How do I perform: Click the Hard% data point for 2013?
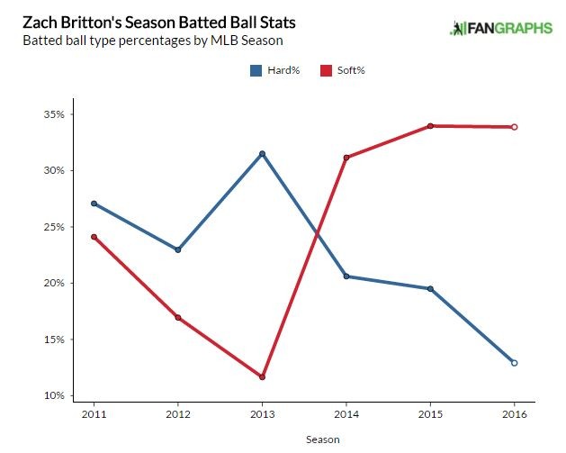pos(262,153)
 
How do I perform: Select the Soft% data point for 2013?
pos(262,376)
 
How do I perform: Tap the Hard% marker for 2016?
pos(514,363)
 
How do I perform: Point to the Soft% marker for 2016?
pos(514,127)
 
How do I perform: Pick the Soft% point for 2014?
pos(346,158)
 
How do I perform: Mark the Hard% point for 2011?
pos(94,204)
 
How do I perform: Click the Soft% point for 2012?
pos(178,317)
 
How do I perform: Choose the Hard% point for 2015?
pos(430,289)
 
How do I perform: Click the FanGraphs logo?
pos(500,28)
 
